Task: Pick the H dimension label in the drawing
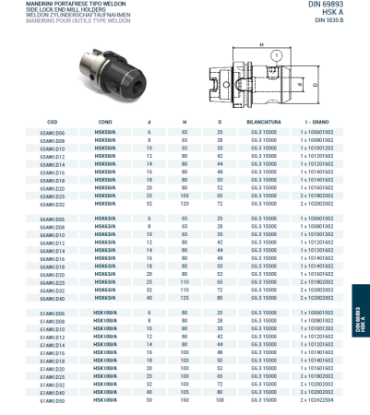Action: point(262,44)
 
